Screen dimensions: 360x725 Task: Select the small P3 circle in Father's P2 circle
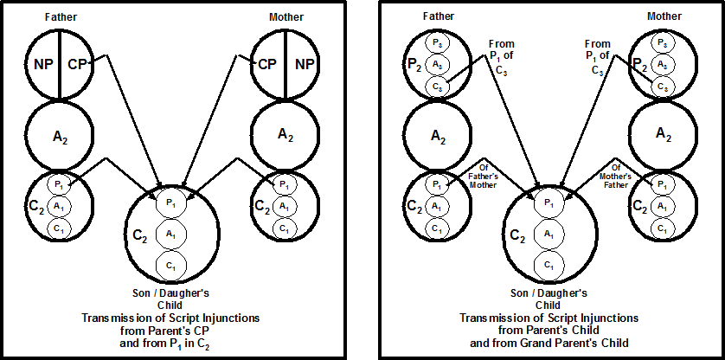pos(439,43)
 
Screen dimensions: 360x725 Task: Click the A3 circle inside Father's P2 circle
pos(439,64)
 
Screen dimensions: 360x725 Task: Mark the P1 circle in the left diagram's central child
pos(171,202)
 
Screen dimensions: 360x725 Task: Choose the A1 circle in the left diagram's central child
pos(171,234)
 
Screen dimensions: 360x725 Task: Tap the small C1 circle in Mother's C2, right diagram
pos(662,228)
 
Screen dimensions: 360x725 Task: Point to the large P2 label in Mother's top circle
pos(638,63)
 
